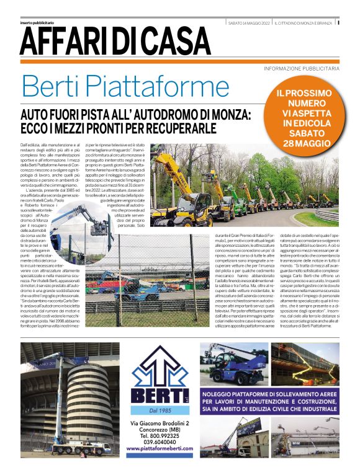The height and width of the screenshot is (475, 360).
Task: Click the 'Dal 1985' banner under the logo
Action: [x=160, y=409]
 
